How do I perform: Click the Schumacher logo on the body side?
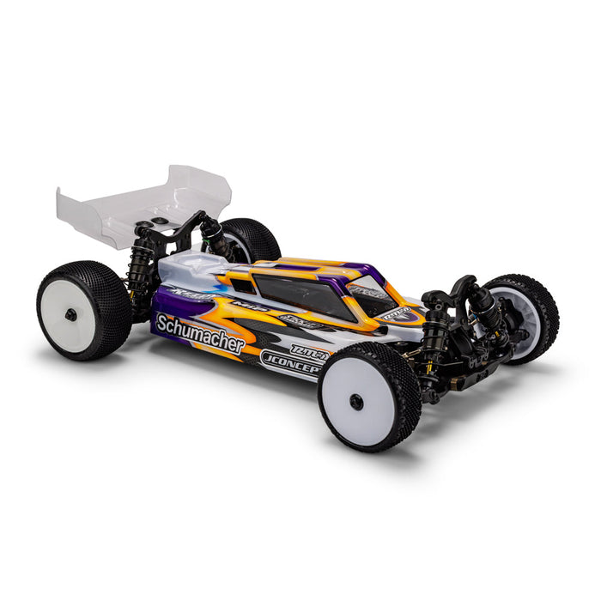coord(199,333)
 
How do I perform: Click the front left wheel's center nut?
coord(356,401)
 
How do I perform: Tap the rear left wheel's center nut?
coord(70,315)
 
